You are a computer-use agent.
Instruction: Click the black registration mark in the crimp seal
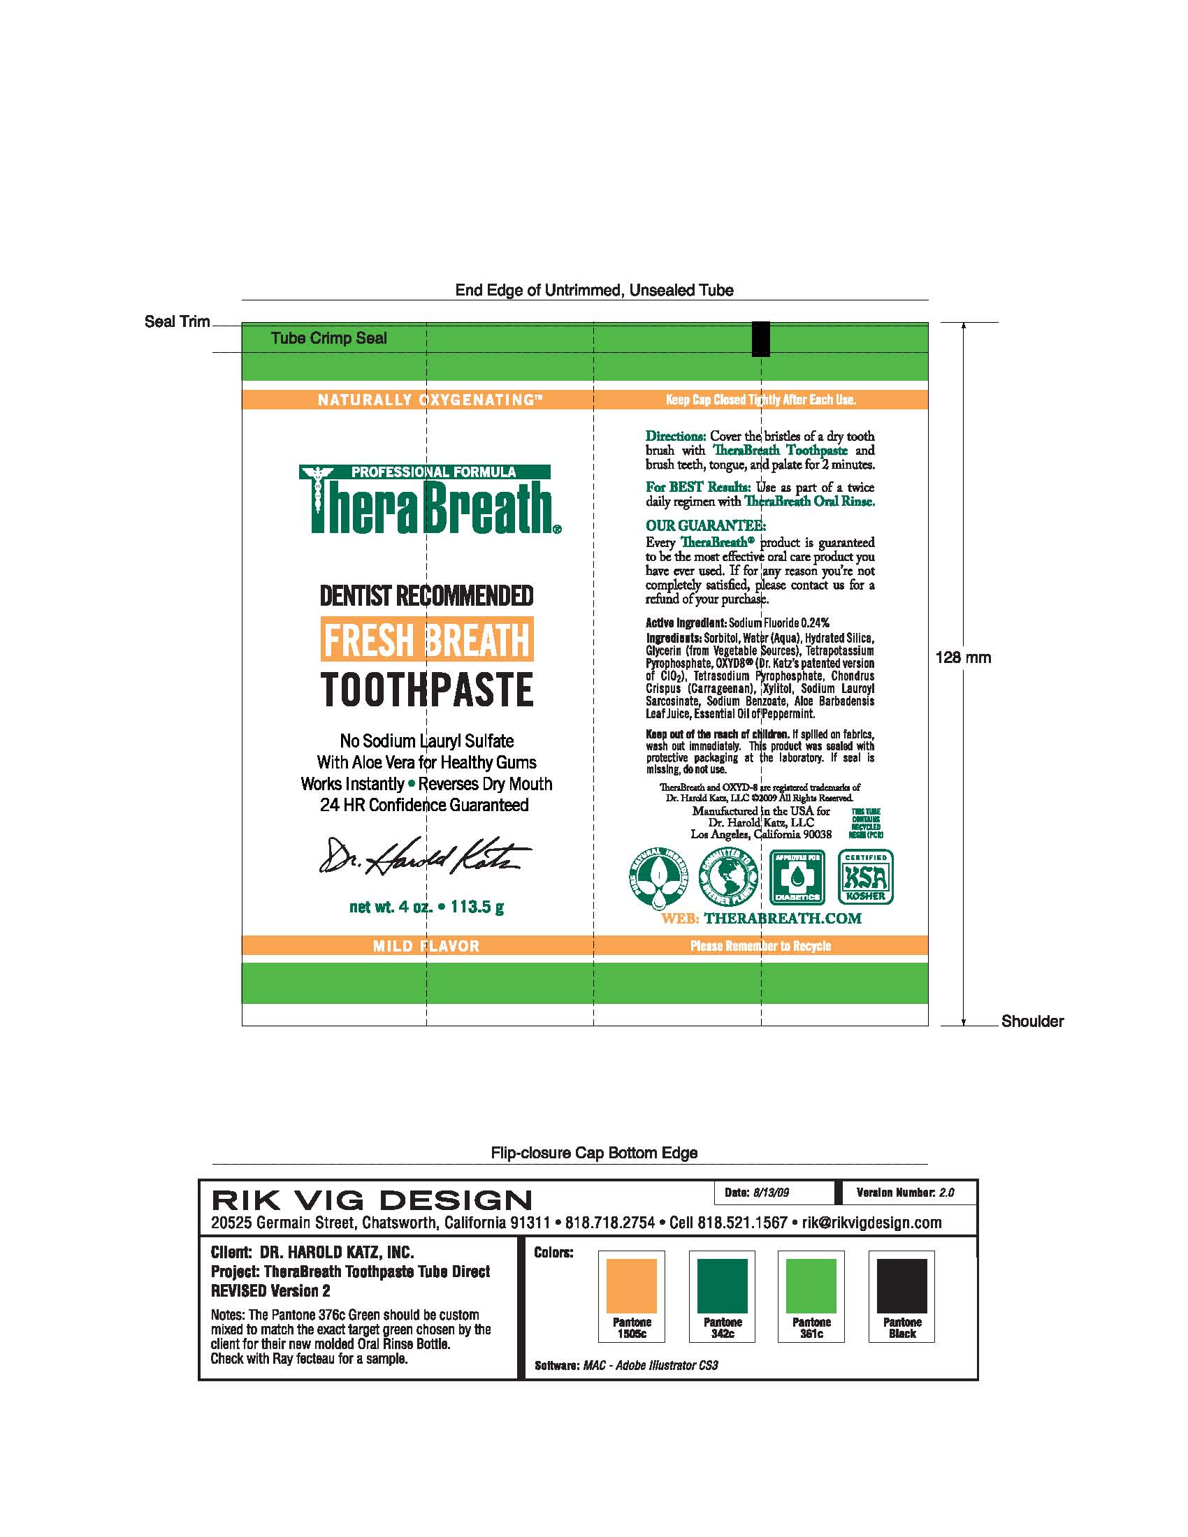coord(761,339)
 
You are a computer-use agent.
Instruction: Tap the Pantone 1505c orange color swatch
coord(631,1285)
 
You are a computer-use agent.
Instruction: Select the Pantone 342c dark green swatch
coord(722,1285)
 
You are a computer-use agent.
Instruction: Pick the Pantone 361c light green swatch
coord(811,1285)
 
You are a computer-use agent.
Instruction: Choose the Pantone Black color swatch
coord(901,1285)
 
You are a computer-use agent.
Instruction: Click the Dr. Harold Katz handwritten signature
coord(424,856)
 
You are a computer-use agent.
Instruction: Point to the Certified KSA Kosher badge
coord(866,877)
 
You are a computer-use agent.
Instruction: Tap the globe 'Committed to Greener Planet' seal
coord(727,877)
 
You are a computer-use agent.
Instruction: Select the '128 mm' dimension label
coord(963,657)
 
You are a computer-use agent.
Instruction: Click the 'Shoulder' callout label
coord(1032,1021)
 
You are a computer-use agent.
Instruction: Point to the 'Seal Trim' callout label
coord(178,321)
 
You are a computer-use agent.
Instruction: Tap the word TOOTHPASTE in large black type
coord(427,690)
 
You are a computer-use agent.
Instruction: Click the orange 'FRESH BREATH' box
coord(427,639)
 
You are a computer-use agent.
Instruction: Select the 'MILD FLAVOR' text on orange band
coord(426,946)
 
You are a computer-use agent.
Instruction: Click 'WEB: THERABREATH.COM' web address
coord(762,919)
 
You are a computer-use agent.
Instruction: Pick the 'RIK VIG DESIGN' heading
coord(372,1200)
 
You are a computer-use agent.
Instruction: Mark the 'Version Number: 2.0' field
coord(905,1192)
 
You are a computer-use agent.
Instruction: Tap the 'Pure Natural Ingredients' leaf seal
coord(658,877)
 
